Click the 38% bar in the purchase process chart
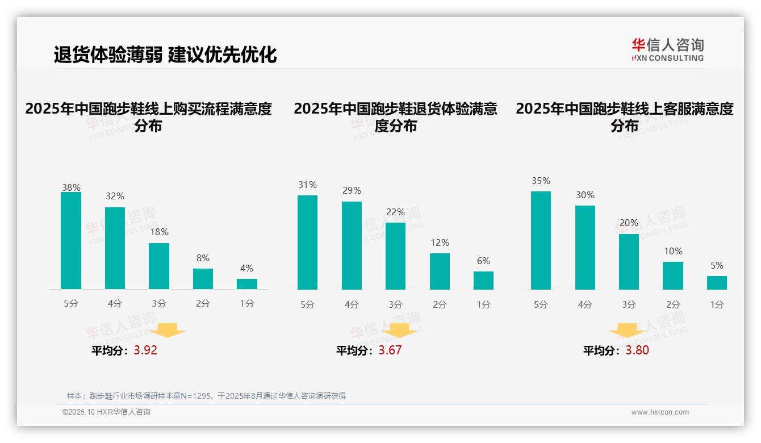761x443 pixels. click(71, 241)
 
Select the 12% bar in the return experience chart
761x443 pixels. click(440, 271)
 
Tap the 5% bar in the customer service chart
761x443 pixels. click(717, 283)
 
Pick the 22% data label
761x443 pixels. click(396, 212)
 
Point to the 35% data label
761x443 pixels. click(541, 181)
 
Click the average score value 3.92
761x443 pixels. click(145, 350)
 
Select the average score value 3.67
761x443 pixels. click(390, 350)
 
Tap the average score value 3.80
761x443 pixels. click(637, 350)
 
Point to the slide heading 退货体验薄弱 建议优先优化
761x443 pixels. click(165, 55)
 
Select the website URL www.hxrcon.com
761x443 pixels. click(660, 412)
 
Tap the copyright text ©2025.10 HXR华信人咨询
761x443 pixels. click(106, 412)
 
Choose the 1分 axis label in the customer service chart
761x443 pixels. click(717, 305)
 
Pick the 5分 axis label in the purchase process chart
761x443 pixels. click(71, 304)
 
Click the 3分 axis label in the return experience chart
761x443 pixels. click(396, 305)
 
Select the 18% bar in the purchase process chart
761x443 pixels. click(159, 266)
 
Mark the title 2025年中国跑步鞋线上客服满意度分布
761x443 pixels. click(625, 117)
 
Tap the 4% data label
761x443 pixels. click(246, 269)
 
